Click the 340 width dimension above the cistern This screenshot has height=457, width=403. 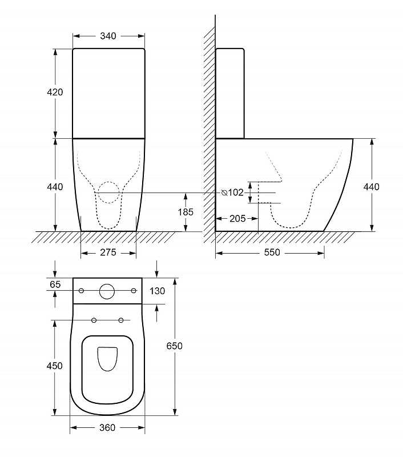[x=108, y=36]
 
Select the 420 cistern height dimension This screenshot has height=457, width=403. [x=55, y=92]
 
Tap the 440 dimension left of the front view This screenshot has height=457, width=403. [x=55, y=187]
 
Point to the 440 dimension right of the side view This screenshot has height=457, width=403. [x=371, y=187]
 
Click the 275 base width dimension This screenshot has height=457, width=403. [x=108, y=252]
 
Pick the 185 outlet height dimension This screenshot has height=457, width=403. [x=186, y=212]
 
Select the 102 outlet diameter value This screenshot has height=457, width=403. [x=236, y=193]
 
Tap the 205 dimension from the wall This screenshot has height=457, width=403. [x=237, y=219]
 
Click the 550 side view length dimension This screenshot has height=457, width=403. [x=272, y=252]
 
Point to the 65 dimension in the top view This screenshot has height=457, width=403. [x=55, y=284]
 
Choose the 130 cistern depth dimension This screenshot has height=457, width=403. [x=157, y=291]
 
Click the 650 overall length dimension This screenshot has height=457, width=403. [x=175, y=346]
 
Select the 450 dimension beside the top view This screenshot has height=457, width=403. [x=54, y=366]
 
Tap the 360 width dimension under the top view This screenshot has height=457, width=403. [x=107, y=427]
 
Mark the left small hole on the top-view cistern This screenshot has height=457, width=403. [x=81, y=291]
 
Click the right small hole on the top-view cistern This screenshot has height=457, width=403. [x=134, y=291]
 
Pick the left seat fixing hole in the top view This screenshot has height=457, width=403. [x=94, y=320]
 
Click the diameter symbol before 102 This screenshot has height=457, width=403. [x=224, y=193]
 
